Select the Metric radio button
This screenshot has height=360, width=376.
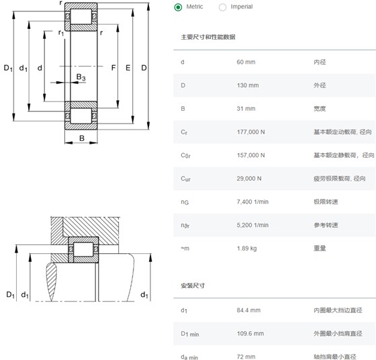[178, 7]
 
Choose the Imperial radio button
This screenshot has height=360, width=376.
[222, 7]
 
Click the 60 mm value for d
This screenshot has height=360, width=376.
[246, 62]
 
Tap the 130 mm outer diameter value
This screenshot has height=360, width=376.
[248, 85]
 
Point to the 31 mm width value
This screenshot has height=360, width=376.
[246, 109]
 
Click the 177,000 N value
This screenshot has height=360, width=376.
[251, 132]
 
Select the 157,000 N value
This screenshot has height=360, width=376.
[251, 155]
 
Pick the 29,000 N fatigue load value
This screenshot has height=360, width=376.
[249, 179]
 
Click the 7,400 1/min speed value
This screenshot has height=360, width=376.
[252, 201]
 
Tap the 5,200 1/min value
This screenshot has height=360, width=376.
[252, 225]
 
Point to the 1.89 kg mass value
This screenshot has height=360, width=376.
[247, 249]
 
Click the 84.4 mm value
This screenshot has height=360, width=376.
[248, 310]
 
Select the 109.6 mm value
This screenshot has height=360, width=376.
[250, 333]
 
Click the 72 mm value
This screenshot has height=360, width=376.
[246, 357]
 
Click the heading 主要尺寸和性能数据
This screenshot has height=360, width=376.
[208, 37]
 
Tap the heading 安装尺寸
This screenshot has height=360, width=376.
[193, 285]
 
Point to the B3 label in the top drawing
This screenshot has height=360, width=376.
[81, 77]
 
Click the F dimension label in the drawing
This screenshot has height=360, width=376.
[113, 68]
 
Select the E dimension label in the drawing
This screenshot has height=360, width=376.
[128, 68]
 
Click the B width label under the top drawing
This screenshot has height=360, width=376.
[82, 138]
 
